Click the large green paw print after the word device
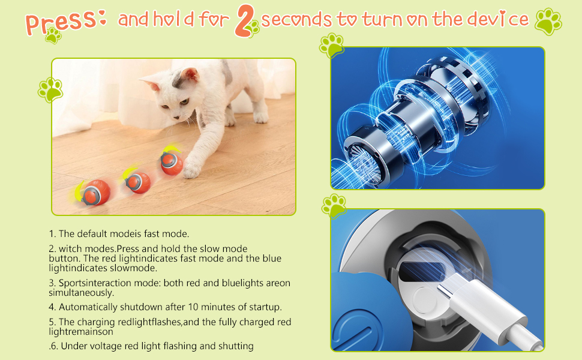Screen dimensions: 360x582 [548, 21]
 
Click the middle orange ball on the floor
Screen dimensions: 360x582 [139, 181]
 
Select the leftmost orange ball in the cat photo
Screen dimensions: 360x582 [88, 192]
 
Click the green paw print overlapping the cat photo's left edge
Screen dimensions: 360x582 [50, 89]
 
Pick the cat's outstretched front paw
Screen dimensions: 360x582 [191, 172]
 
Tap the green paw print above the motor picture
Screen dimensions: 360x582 [332, 45]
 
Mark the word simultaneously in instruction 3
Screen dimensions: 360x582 [80, 293]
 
